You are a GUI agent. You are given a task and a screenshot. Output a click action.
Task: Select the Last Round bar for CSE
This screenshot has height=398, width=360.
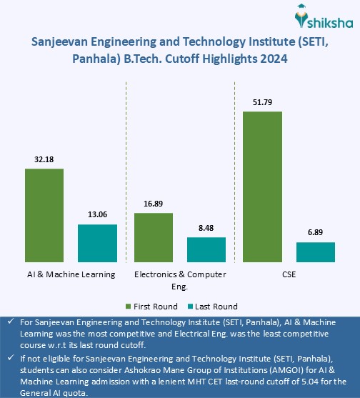(x=315, y=253)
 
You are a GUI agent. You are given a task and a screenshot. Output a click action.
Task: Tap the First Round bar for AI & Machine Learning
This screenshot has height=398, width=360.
(x=44, y=217)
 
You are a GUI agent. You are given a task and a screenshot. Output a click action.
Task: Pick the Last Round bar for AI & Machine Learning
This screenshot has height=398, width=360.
(x=97, y=244)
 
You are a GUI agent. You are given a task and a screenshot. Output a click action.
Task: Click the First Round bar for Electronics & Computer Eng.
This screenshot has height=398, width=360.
(x=153, y=239)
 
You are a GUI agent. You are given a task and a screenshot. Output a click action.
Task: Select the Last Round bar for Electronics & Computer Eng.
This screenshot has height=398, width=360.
(x=206, y=251)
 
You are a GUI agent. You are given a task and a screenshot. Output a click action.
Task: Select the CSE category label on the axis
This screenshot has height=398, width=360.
(x=289, y=274)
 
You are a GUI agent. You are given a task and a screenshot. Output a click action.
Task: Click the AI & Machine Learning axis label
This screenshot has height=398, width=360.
(x=71, y=274)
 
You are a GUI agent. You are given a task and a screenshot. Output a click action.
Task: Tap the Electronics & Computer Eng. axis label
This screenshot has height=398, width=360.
(x=180, y=279)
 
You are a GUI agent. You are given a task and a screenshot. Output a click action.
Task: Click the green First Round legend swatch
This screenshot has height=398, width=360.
(x=129, y=307)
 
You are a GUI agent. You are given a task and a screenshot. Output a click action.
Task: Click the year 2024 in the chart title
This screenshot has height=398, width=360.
(x=272, y=61)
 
